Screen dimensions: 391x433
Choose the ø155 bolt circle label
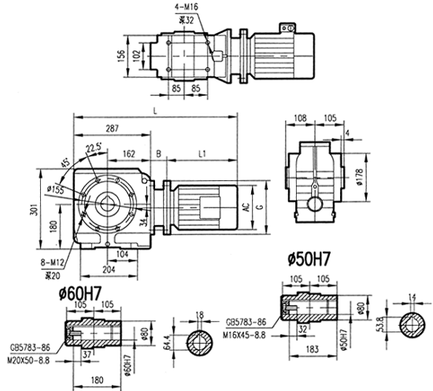pos(56,190)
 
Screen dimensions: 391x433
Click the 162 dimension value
pos(128,152)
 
